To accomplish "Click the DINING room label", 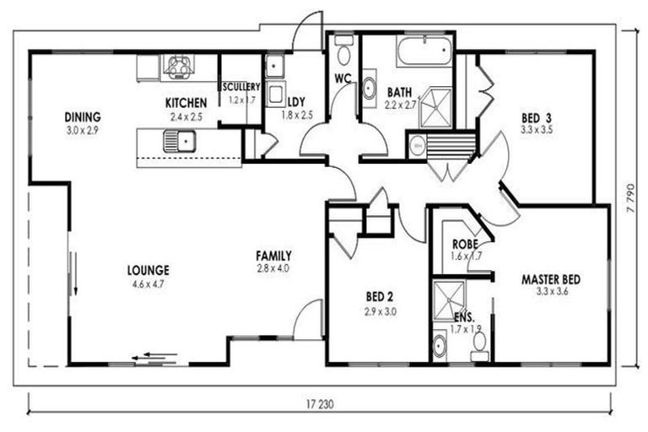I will [83, 116].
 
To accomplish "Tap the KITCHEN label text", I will [186, 104].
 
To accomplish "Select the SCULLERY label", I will [241, 87].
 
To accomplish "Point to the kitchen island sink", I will [180, 140].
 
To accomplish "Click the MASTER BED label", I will [551, 279].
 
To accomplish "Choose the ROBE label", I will [465, 245].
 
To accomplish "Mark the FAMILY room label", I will [274, 256].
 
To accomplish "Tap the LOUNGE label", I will [148, 271].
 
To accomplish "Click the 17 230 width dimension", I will [321, 404].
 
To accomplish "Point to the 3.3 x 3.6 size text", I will [552, 293].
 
